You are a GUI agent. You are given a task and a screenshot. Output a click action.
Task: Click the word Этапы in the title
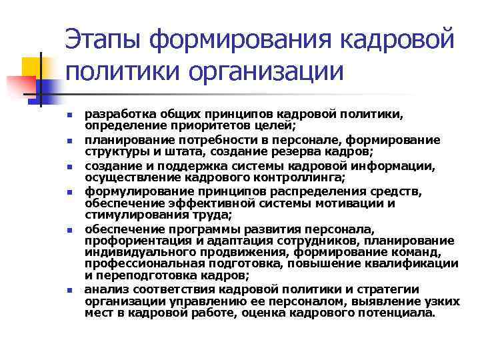click(103, 39)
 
